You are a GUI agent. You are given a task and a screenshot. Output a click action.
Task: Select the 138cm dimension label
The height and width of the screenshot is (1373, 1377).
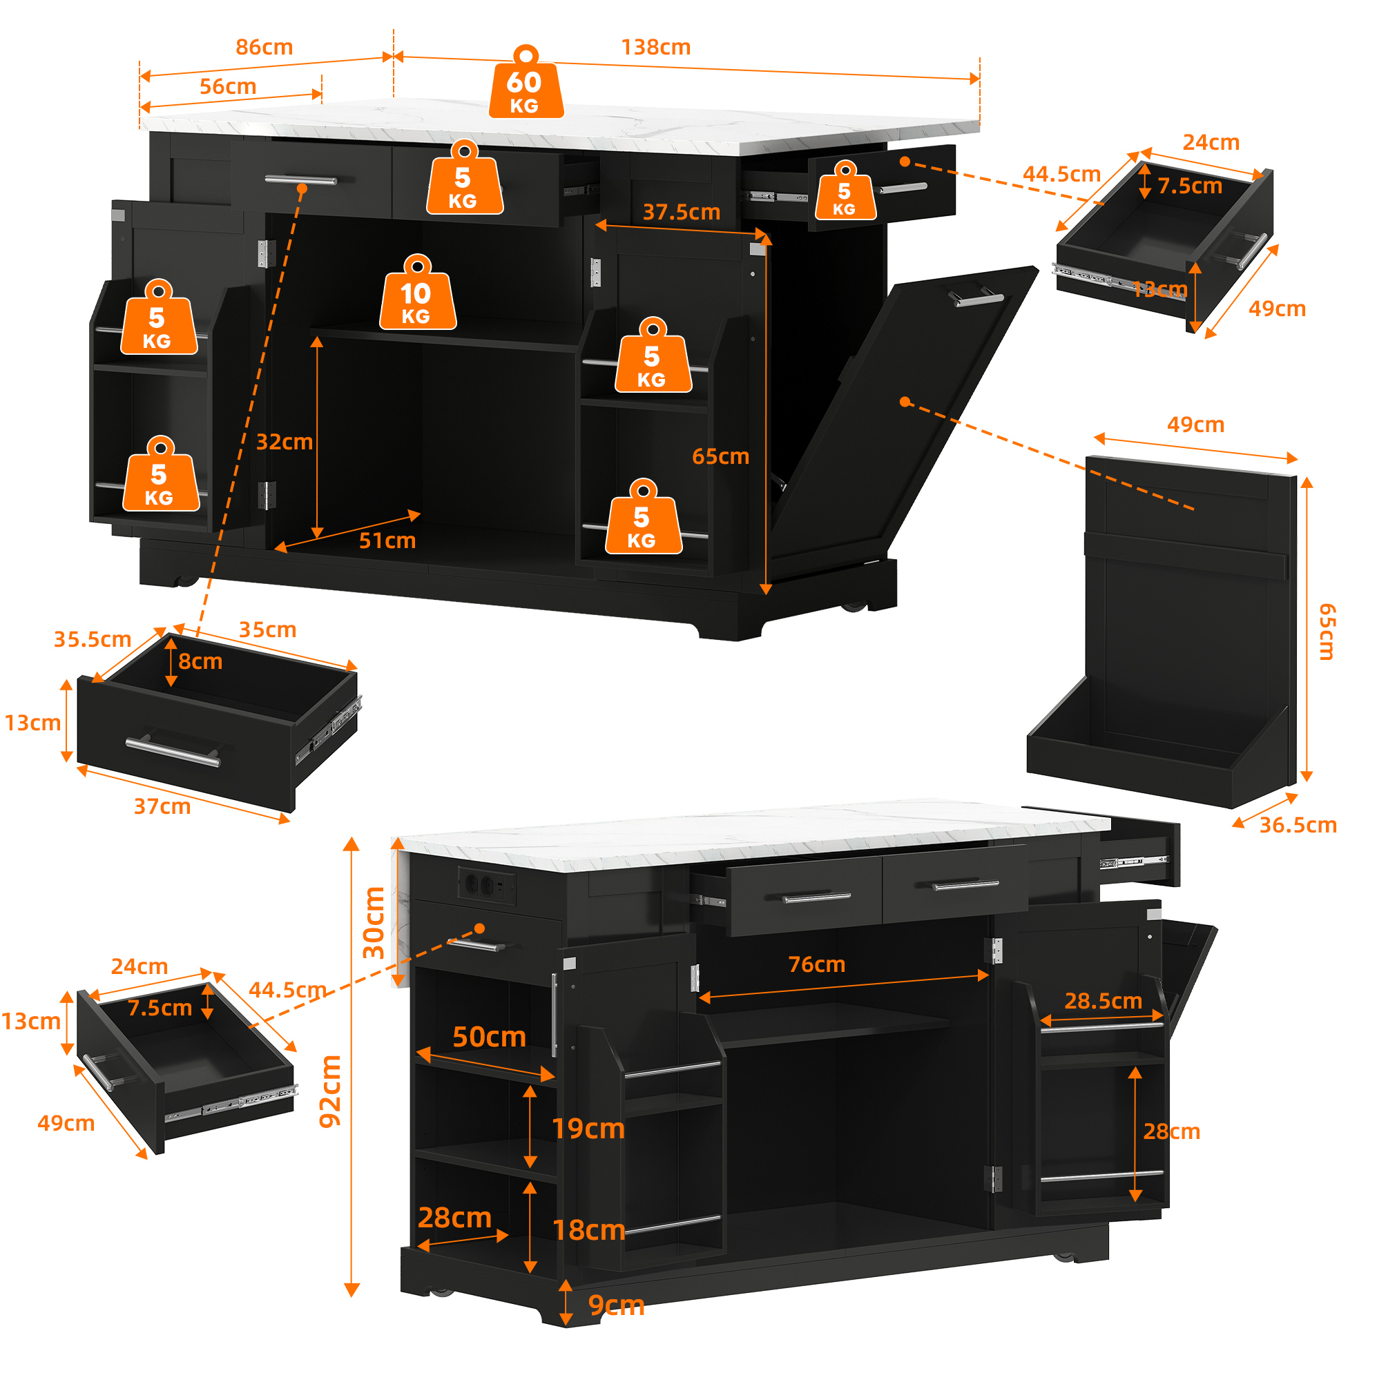(x=656, y=47)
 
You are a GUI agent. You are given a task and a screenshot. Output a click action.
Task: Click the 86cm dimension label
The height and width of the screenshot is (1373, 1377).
(x=264, y=47)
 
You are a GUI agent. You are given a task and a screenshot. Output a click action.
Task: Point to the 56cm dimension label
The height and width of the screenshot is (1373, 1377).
(x=227, y=86)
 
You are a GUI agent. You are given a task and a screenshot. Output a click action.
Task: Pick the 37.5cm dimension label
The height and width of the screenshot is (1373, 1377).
(x=682, y=212)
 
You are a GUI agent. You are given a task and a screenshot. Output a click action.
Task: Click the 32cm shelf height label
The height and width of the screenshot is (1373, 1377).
(x=285, y=442)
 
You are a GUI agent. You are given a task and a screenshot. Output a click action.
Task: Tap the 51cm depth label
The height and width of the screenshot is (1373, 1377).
(x=387, y=540)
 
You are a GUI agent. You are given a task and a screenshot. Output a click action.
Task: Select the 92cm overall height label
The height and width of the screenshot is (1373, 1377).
(x=331, y=1091)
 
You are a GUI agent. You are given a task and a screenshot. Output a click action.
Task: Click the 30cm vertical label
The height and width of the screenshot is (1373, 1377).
(x=374, y=923)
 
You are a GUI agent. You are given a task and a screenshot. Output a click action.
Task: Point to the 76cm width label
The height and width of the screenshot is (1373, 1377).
(x=817, y=964)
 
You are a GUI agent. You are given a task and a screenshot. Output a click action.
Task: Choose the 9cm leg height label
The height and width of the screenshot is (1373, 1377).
(x=617, y=1305)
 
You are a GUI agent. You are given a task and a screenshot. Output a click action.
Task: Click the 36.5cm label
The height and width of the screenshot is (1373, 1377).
(x=1298, y=824)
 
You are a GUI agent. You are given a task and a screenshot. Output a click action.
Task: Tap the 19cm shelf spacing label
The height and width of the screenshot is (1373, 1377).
(x=589, y=1128)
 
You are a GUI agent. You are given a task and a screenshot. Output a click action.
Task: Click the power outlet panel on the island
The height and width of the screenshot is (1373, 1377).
(x=486, y=886)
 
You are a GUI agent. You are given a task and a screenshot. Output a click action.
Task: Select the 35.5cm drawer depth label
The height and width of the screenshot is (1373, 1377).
(x=93, y=639)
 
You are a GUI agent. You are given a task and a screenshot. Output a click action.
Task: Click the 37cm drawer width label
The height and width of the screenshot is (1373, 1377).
(x=162, y=806)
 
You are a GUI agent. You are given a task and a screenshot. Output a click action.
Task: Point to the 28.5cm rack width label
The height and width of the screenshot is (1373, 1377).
(x=1104, y=1000)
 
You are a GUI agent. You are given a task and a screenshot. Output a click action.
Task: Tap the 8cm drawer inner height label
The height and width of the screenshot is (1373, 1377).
(x=200, y=661)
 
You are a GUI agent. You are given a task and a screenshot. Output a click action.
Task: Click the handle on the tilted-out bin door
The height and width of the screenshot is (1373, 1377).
(x=975, y=298)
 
